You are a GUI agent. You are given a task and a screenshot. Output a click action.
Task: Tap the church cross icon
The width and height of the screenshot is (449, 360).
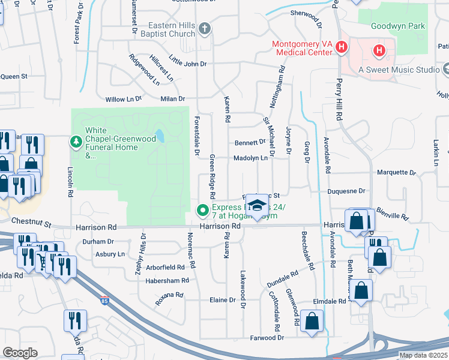(x=205, y=28)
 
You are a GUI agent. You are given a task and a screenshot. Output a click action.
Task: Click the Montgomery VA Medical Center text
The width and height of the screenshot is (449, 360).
(x=302, y=48)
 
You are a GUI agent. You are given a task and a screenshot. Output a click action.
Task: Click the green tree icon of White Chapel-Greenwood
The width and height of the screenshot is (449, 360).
(x=76, y=142)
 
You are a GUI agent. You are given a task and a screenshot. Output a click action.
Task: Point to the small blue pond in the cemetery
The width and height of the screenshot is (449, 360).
(x=159, y=136)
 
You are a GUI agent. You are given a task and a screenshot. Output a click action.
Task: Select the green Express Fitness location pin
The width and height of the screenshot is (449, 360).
(x=203, y=210)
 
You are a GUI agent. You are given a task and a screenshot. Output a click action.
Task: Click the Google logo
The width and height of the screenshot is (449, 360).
(x=20, y=353)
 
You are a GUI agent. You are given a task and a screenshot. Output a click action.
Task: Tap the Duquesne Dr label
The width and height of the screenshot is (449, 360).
(x=346, y=191)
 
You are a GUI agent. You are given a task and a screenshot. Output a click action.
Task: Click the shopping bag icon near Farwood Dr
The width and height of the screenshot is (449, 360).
(x=312, y=320)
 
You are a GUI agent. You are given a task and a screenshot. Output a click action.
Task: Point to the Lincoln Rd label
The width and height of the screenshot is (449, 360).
(x=70, y=182)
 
